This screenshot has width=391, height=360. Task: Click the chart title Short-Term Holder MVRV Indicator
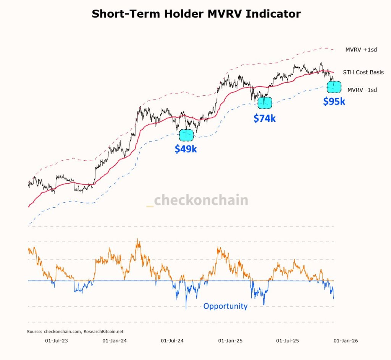point(196,14)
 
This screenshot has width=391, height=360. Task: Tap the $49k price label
point(186,149)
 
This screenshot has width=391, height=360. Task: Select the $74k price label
point(264,118)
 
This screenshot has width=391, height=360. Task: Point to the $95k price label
point(334,102)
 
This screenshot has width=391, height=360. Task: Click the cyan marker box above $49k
point(186,135)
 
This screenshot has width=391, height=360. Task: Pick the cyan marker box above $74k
point(265,103)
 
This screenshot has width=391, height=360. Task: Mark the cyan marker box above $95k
point(334,87)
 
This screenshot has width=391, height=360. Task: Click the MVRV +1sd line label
point(361,50)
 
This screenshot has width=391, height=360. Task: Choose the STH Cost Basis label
point(363,72)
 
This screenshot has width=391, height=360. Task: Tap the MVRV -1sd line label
point(362,90)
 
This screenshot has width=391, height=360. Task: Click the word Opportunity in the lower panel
point(225,306)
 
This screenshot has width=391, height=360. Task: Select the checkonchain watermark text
point(197,200)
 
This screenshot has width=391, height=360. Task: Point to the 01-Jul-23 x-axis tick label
point(57,340)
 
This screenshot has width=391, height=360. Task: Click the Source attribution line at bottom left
point(75,332)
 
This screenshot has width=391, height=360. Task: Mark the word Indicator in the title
point(273,14)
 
